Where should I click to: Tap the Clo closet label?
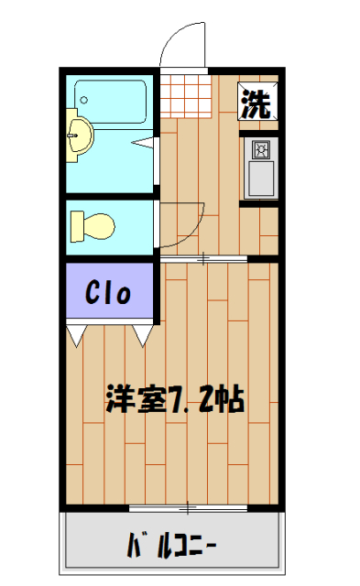[x=110, y=293]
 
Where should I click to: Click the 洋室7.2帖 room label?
[x=174, y=399]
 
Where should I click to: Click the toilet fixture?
[x=93, y=223]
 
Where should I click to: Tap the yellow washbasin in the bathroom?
[x=80, y=137]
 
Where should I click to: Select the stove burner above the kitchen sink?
[x=260, y=148]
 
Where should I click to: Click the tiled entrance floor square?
[x=190, y=93]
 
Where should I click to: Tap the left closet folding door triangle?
[x=76, y=334]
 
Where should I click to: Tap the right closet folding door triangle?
[x=142, y=334]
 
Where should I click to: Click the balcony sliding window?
[x=187, y=506]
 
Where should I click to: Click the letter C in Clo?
[x=94, y=293]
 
